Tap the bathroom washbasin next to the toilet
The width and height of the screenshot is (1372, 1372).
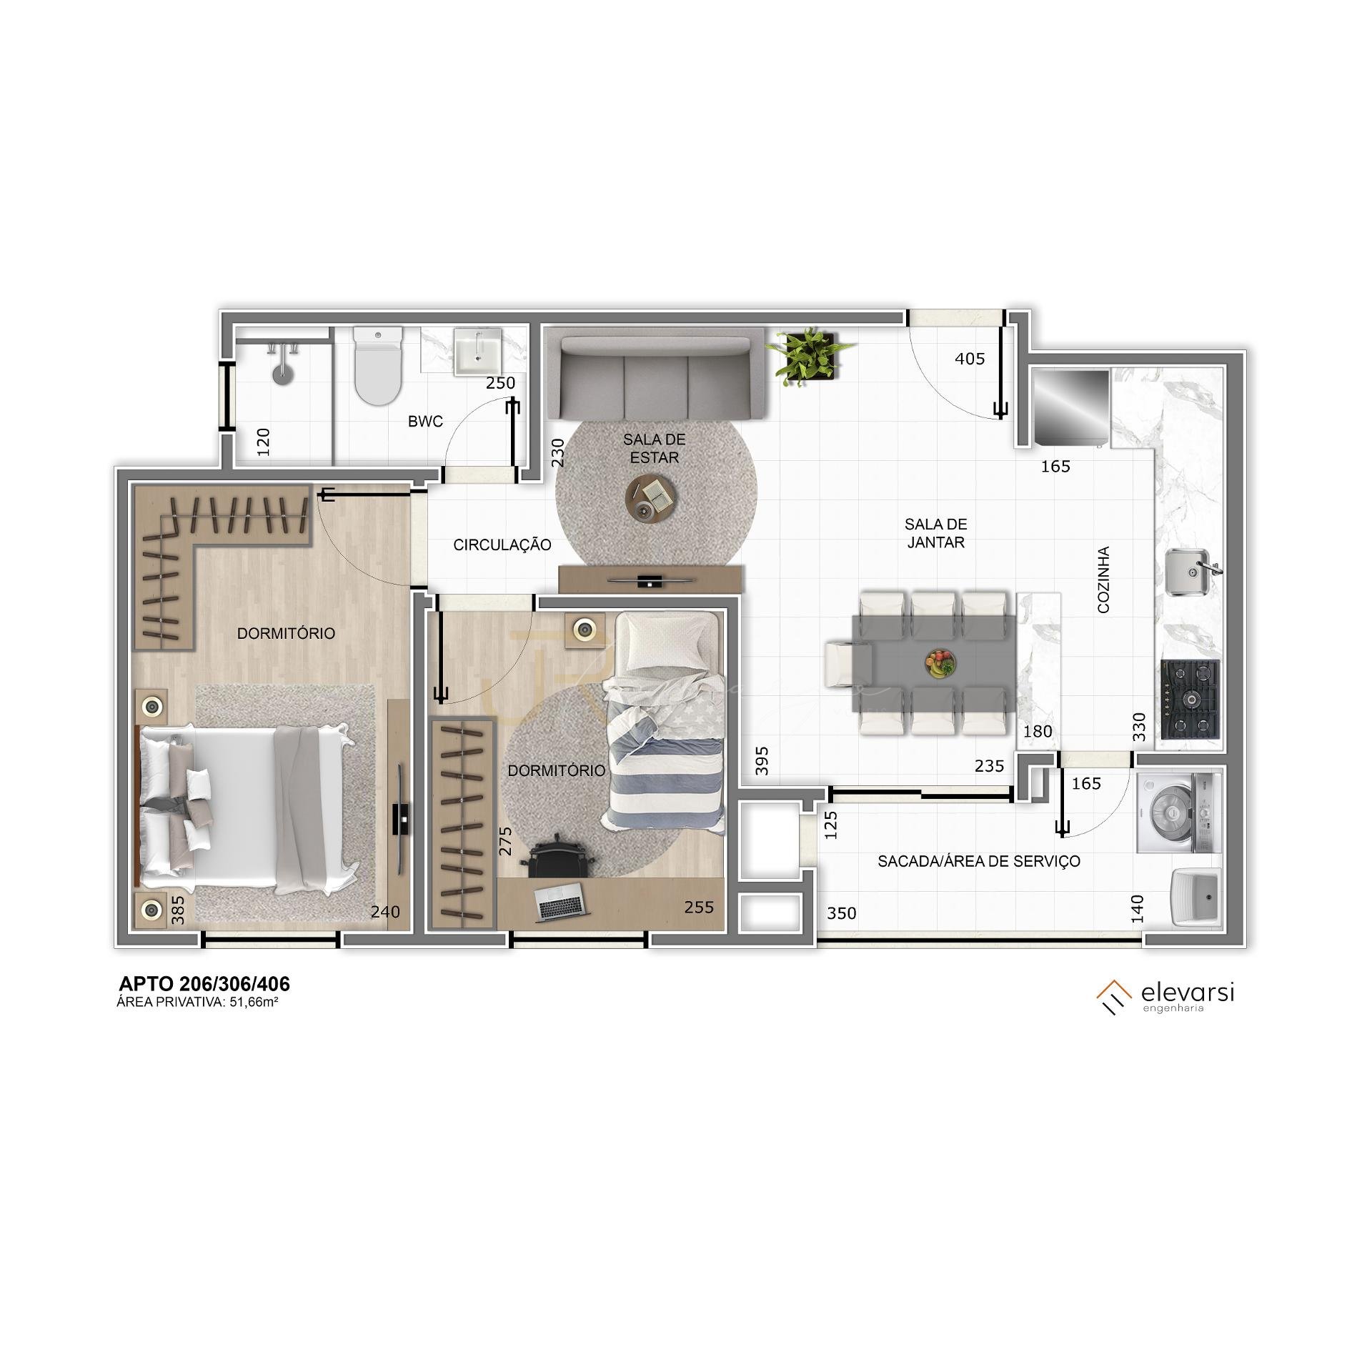(x=478, y=352)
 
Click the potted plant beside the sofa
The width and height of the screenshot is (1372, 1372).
(x=810, y=357)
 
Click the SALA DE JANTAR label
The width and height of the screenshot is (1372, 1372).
(x=935, y=534)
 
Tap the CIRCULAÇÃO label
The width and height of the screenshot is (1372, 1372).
(x=502, y=545)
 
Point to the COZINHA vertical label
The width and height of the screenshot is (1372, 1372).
(x=1103, y=580)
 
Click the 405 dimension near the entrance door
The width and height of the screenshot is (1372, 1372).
(x=970, y=359)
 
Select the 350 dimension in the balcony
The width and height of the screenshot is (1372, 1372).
(x=842, y=913)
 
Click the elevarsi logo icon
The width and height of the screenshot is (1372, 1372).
(x=1114, y=996)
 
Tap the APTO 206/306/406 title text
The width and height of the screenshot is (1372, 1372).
(x=204, y=985)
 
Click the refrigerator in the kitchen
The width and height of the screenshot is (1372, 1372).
(x=1070, y=408)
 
